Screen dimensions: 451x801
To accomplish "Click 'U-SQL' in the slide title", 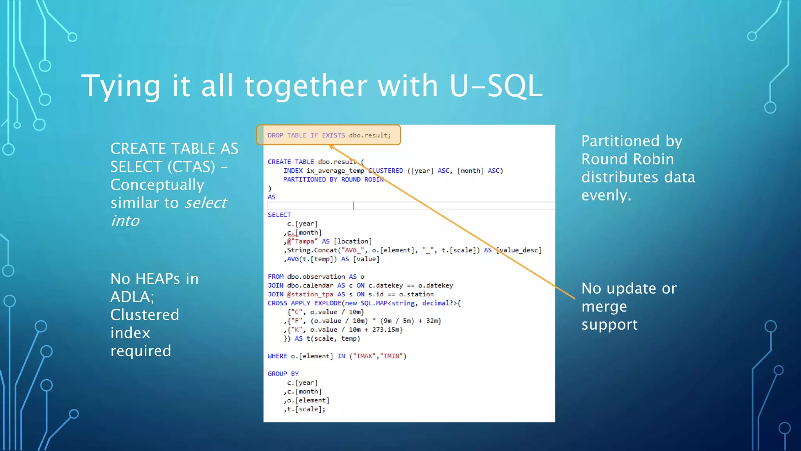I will pos(496,86).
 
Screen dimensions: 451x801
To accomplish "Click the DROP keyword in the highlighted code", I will pos(275,135).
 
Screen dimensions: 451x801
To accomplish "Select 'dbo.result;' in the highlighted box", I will pos(370,135).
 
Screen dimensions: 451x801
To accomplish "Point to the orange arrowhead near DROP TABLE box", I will pos(332,147).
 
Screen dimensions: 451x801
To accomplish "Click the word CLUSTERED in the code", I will pos(386,171).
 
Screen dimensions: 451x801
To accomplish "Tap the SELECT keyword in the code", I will pos(279,215).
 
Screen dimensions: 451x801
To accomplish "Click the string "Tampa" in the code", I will pos(304,242).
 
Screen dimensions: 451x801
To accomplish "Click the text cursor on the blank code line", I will pos(353,206).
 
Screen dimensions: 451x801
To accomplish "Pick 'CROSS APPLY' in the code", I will pos(289,303).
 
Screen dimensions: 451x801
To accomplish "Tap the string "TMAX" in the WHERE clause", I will pos(364,356).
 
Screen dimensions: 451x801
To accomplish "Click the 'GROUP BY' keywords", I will pos(283,374).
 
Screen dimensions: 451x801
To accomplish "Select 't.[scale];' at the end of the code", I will pos(306,409).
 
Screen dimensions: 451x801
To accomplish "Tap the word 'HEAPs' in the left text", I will pos(158,279).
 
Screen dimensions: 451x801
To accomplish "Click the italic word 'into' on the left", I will pos(125,221).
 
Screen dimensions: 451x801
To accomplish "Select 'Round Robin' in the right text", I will pos(627,159).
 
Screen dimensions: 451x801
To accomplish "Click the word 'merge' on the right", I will pos(604,307).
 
